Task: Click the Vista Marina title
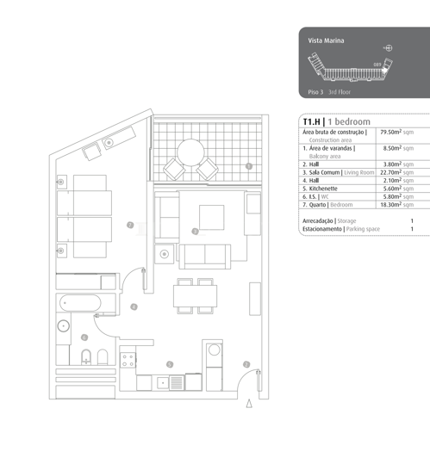pyautogui.click(x=326, y=41)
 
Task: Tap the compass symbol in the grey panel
pyautogui.click(x=388, y=47)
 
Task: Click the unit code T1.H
pyautogui.click(x=311, y=121)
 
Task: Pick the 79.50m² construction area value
pyautogui.click(x=396, y=133)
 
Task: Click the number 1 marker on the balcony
pyautogui.click(x=248, y=166)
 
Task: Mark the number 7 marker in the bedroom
pyautogui.click(x=129, y=226)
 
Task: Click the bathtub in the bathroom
pyautogui.click(x=80, y=304)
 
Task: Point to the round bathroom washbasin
pyautogui.click(x=64, y=326)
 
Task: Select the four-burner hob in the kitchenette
pyautogui.click(x=129, y=362)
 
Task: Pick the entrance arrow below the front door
pyautogui.click(x=249, y=402)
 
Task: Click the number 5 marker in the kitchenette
pyautogui.click(x=170, y=365)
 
